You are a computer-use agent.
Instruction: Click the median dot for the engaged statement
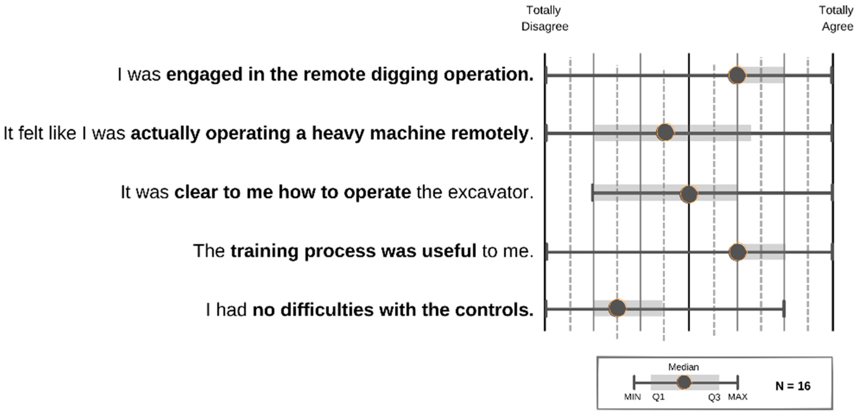tap(737, 76)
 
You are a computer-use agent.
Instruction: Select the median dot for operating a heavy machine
tap(665, 132)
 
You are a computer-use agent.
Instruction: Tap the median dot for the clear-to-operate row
tap(689, 194)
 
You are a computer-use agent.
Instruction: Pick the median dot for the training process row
tap(737, 252)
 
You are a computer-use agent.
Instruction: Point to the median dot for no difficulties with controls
tap(617, 308)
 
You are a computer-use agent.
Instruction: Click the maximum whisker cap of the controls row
tap(784, 309)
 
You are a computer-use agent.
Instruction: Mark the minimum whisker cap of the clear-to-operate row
tap(592, 192)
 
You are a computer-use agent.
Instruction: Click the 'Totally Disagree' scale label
tap(545, 18)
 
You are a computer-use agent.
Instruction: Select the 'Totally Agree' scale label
tap(837, 18)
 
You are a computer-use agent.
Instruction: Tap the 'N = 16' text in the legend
tap(793, 386)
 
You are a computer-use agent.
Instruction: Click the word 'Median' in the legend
tap(684, 367)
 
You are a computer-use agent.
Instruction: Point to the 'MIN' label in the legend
tap(632, 397)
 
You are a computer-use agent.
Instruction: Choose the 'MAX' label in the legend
tap(737, 397)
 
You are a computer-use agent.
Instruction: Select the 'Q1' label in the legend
tap(658, 397)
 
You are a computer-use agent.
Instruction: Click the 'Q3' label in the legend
tap(714, 397)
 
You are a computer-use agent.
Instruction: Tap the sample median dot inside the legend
tap(684, 382)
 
